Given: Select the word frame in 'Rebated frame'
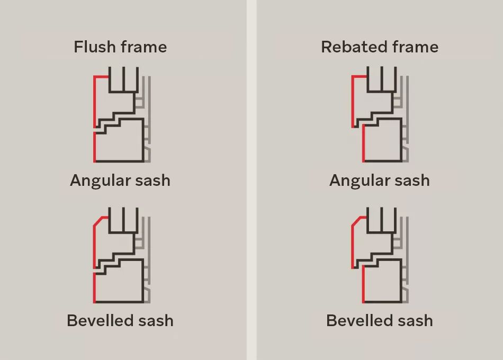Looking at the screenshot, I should pos(414,47).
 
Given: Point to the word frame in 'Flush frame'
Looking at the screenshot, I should pos(143,47).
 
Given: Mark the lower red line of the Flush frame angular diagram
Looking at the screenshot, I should pos(95,147).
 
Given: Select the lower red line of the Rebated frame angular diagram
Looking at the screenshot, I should pos(363,144).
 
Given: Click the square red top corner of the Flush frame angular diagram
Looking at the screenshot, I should pos(95,77).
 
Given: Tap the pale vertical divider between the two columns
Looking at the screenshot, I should pos(251,180).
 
